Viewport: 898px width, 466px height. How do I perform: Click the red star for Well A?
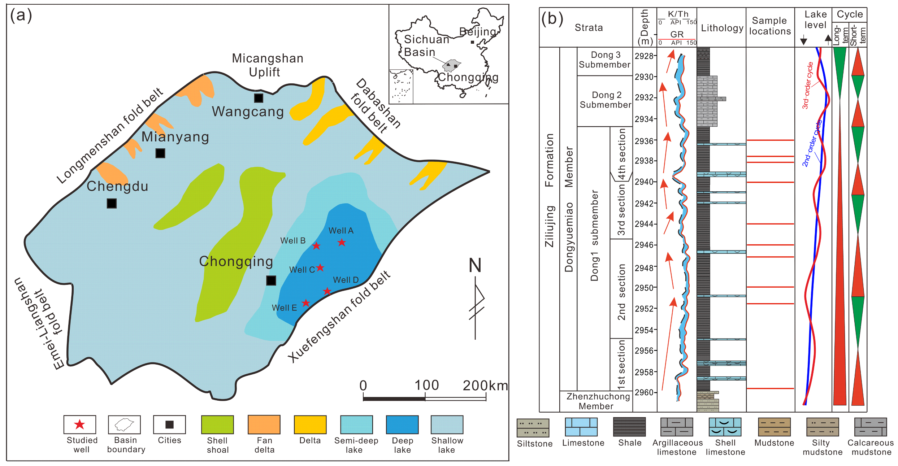[342, 242]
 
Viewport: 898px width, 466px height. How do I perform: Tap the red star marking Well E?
[306, 302]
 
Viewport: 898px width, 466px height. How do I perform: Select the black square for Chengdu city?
[112, 203]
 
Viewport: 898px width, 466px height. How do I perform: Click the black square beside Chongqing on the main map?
[271, 280]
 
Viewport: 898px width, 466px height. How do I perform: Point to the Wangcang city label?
[248, 112]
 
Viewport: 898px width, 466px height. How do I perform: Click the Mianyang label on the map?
[175, 137]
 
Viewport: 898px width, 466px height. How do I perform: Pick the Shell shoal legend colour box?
[217, 424]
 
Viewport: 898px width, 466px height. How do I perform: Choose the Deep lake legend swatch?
[402, 424]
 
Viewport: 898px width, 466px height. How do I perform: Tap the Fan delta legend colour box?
[264, 424]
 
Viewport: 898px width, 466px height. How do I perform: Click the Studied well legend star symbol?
[79, 424]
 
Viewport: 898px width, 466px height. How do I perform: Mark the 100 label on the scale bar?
[426, 385]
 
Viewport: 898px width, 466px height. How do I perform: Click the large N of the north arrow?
[475, 265]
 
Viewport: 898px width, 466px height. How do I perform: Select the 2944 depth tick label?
[644, 224]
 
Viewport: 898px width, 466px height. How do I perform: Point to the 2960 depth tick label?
[644, 392]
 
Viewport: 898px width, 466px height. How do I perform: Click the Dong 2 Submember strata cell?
[605, 100]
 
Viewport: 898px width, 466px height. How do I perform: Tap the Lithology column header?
[722, 28]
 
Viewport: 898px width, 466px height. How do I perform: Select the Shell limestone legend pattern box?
[725, 427]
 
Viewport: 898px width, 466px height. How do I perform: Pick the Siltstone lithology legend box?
[533, 428]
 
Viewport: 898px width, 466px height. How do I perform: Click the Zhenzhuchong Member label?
[598, 401]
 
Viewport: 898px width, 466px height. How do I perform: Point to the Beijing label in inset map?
[477, 32]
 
